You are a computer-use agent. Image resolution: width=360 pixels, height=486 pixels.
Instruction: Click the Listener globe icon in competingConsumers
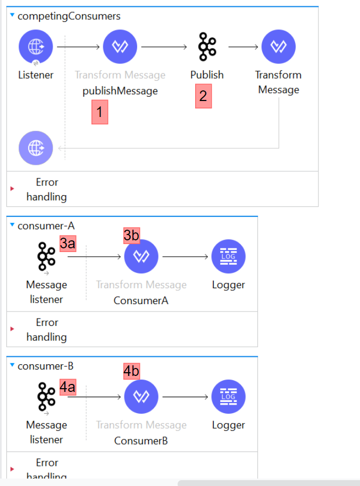coord(36,47)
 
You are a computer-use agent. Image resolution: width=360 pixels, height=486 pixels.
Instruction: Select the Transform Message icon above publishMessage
coord(120,47)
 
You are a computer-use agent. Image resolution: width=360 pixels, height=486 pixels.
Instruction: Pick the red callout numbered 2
coord(203,97)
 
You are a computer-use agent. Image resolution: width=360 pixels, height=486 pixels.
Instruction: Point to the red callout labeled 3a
coord(68,244)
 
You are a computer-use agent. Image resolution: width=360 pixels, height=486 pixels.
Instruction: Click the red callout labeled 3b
coord(131,234)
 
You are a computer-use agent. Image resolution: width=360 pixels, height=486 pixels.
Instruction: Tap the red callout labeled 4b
coord(131,371)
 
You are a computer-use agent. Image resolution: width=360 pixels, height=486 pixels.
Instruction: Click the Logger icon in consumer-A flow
coord(228,257)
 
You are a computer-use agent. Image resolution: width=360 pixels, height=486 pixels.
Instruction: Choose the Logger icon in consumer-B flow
coord(228,397)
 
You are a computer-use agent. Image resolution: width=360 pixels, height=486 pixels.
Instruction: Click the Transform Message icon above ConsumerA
coord(141,257)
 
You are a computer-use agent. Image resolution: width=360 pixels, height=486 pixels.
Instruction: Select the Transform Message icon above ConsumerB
coord(141,397)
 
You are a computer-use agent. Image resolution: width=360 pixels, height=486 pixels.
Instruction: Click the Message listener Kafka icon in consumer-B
coord(46,397)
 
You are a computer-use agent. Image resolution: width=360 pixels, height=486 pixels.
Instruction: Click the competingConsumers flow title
coord(69,16)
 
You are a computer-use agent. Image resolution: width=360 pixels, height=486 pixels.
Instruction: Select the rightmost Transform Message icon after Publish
coord(278,47)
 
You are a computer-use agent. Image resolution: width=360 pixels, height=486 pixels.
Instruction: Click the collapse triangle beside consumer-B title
coord(12,366)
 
